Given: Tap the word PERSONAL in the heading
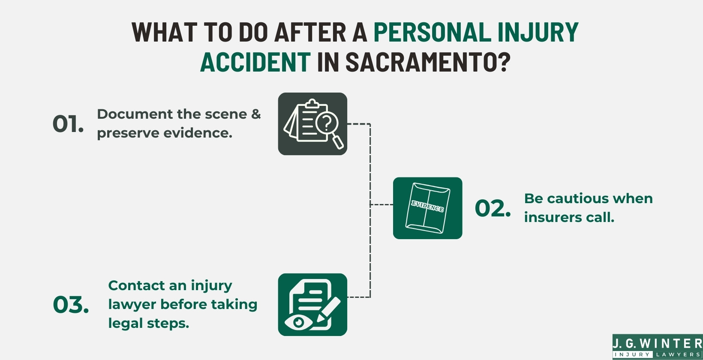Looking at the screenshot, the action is [x=432, y=32].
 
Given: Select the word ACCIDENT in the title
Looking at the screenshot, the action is [x=255, y=62].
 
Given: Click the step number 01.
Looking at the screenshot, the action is [x=68, y=124].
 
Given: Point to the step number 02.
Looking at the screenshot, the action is [x=493, y=208].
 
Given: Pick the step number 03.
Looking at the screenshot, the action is [x=71, y=305].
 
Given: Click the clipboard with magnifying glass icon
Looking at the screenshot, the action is [x=312, y=124].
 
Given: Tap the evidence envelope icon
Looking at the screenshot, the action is [x=427, y=208].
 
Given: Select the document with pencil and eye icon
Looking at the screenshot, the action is [x=312, y=304].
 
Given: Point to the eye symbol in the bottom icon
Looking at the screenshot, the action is [x=299, y=322].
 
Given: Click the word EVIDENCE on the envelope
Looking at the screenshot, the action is [x=427, y=206].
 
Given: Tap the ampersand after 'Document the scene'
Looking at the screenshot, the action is [x=256, y=114].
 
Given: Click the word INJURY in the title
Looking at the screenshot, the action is [x=538, y=32].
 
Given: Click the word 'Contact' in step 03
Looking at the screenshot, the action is [x=136, y=285].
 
